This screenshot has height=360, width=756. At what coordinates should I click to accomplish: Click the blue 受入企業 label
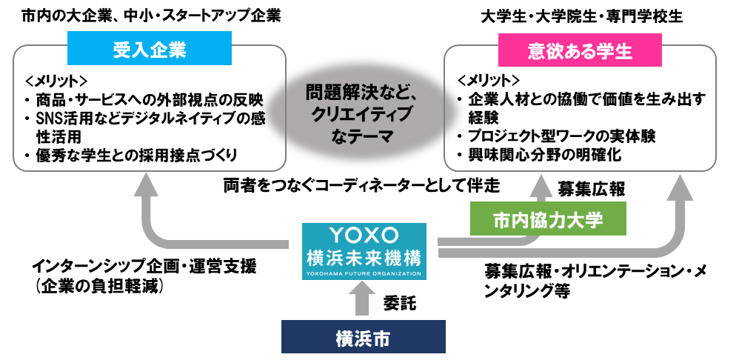(x=149, y=50)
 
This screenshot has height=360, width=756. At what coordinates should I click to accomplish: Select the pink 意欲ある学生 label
(x=580, y=51)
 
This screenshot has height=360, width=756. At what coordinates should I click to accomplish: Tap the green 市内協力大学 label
(x=548, y=219)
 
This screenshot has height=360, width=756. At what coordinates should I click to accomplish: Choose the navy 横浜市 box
(x=363, y=338)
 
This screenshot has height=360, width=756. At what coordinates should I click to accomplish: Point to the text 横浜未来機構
(x=364, y=258)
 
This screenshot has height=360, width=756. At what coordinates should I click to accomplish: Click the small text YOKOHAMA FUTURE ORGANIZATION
(x=364, y=273)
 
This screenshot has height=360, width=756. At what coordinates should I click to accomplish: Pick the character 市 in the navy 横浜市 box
(x=381, y=338)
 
